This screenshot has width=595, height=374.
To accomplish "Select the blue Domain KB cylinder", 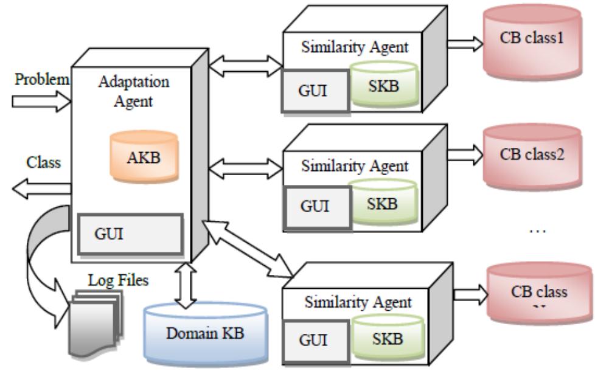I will (205, 333).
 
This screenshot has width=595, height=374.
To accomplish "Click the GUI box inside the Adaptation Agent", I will (131, 234).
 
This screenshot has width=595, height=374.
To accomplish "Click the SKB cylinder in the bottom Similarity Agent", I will (384, 338).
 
